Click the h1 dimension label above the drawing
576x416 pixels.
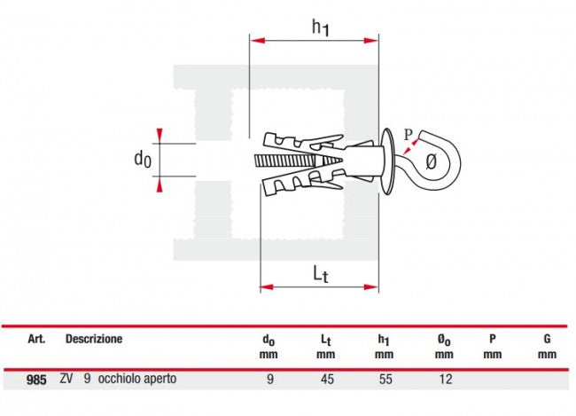tap(320, 27)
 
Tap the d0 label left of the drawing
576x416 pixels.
tap(143, 160)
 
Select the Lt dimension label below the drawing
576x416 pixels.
tap(321, 274)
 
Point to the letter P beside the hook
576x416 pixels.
tap(409, 135)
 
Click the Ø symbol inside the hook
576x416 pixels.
tap(432, 161)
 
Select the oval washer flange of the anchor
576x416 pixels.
tap(386, 161)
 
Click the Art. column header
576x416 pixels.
tap(36, 339)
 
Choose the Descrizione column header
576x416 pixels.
tap(94, 339)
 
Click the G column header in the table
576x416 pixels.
tap(547, 339)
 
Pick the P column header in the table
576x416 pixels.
tap(493, 339)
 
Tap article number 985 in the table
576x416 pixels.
tap(36, 380)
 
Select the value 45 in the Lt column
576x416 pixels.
tap(327, 379)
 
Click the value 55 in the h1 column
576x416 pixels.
tap(385, 379)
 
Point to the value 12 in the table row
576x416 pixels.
tap(445, 379)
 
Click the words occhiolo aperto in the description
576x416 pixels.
tap(137, 379)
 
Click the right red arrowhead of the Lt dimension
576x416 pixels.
tap(371, 286)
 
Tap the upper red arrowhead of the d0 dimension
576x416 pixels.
tap(159, 135)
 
